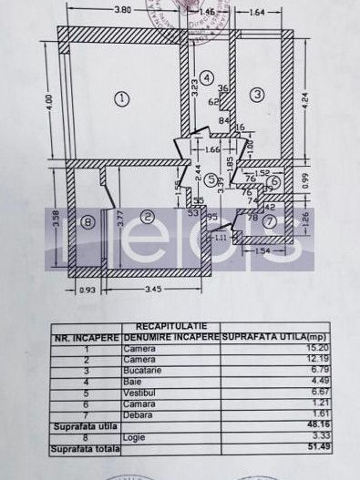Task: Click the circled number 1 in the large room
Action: click(x=123, y=97)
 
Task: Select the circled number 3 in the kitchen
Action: click(x=258, y=93)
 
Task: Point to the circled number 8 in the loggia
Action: click(x=87, y=221)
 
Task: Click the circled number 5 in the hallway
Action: click(x=211, y=180)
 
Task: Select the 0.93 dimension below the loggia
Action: click(x=87, y=290)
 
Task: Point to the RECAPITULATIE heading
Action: click(x=172, y=326)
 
